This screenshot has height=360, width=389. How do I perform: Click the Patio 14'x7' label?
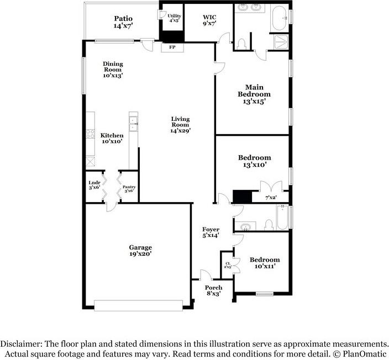[x=123, y=22]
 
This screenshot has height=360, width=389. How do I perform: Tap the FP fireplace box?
[x=172, y=47]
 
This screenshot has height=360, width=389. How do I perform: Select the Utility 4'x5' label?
[x=174, y=18]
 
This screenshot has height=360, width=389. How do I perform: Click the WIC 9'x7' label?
[x=209, y=20]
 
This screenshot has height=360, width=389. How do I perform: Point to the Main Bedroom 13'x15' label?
[x=254, y=94]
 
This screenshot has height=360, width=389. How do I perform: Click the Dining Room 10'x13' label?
[x=113, y=70]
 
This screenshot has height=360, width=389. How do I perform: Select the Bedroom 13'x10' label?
[x=254, y=161]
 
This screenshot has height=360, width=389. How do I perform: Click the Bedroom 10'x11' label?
[x=264, y=263]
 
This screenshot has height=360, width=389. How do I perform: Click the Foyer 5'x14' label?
[x=211, y=232]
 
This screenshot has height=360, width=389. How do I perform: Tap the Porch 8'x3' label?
[x=213, y=290]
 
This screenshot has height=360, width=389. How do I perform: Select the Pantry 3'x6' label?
[x=129, y=189]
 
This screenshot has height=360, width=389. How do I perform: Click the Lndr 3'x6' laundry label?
[x=94, y=185]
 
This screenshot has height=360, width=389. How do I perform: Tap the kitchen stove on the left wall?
[x=90, y=135]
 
